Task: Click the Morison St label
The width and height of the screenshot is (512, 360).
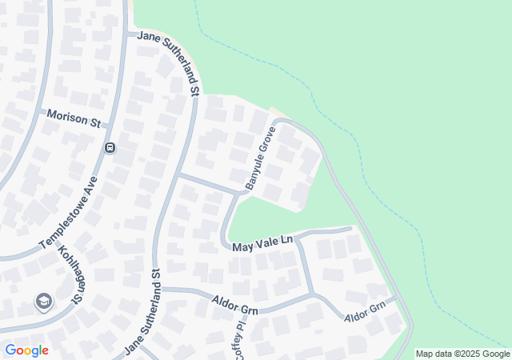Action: pos(73,119)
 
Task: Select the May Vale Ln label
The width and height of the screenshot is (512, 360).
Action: pos(263,244)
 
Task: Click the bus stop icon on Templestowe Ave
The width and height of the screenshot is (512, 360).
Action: pos(110,147)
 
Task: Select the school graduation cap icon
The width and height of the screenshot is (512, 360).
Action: pos(43,302)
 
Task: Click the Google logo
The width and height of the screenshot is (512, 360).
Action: pos(26,350)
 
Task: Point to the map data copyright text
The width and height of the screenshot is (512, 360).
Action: pos(462,354)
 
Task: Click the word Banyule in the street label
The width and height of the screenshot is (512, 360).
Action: pos(255,169)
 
